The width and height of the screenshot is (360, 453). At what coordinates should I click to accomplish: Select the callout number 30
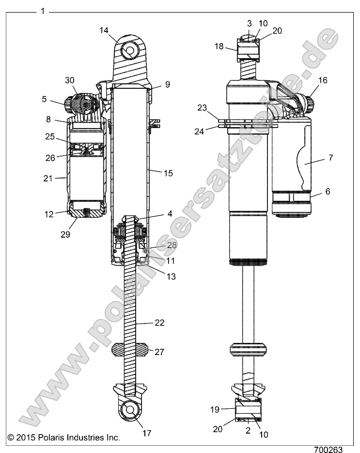tap(70, 80)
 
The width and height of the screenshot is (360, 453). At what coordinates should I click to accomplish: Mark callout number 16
tap(322, 80)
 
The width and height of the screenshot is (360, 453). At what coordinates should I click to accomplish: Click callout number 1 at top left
tap(43, 11)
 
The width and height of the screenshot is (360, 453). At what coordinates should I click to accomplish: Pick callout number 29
tap(65, 234)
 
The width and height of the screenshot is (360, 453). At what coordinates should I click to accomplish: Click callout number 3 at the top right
tap(249, 23)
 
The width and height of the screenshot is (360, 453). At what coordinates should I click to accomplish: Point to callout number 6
tap(328, 192)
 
